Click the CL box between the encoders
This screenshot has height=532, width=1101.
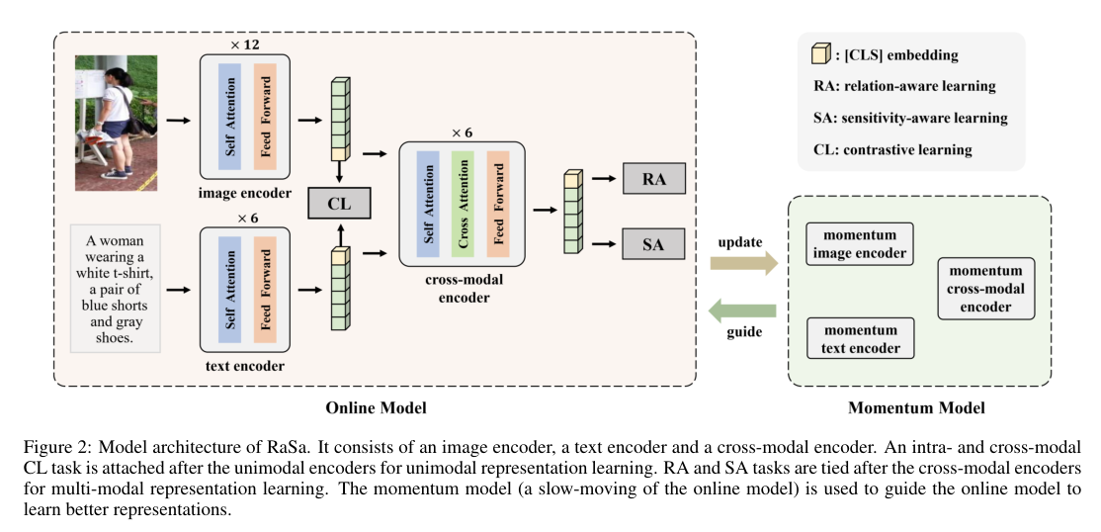(339, 205)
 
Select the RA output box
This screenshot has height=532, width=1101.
(653, 181)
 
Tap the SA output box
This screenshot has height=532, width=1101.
(653, 243)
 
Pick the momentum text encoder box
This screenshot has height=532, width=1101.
(861, 338)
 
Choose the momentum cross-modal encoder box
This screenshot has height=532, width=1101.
(985, 288)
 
